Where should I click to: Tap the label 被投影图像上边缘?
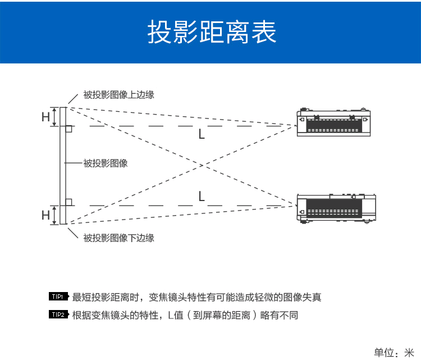[118, 95]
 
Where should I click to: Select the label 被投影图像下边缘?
[118, 238]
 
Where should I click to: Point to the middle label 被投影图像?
[106, 163]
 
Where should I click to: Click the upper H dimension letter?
[45, 117]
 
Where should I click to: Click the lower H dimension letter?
[45, 215]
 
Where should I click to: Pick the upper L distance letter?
[202, 135]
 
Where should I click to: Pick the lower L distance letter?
[202, 196]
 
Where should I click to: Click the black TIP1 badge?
[58, 297]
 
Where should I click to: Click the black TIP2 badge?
[58, 315]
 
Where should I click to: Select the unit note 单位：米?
[393, 352]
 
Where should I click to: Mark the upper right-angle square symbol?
[68, 129]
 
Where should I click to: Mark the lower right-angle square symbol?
[68, 202]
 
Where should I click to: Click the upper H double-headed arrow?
[55, 116]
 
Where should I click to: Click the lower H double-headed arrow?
[55, 215]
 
